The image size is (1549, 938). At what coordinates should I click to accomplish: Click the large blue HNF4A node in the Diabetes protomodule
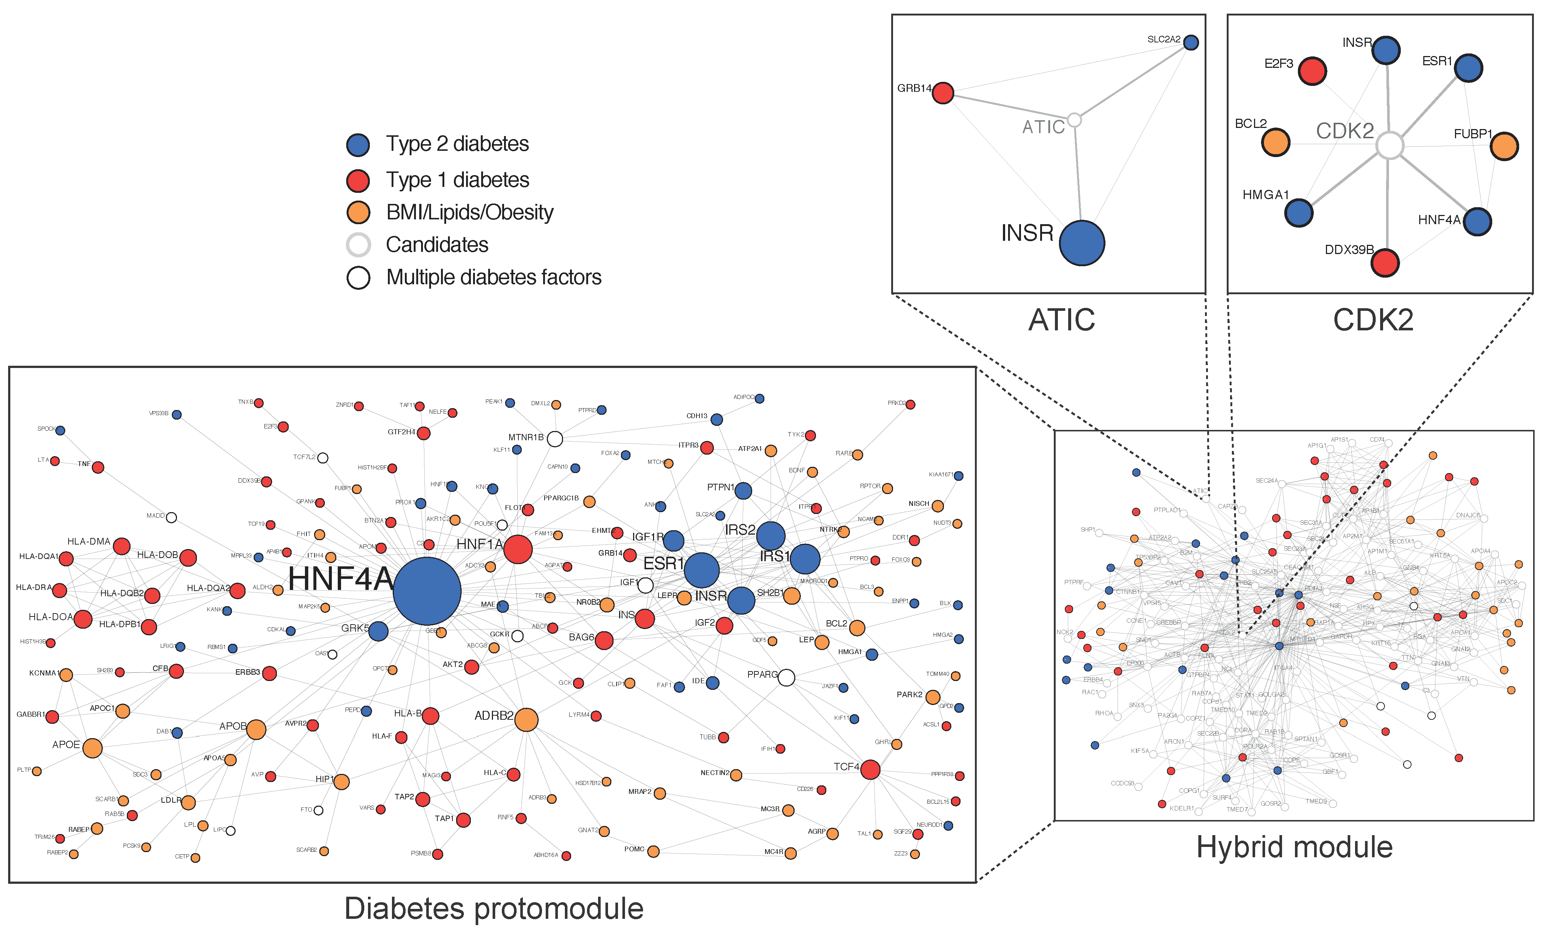427,591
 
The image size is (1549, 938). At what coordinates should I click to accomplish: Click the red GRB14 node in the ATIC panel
942,93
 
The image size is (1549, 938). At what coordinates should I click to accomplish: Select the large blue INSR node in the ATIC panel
1082,243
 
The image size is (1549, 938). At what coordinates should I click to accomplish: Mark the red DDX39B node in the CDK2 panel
1385,263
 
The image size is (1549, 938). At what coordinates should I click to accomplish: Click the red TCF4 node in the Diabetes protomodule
870,769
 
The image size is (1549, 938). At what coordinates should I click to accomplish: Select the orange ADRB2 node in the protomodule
526,720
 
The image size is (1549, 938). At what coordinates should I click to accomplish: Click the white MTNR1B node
555,438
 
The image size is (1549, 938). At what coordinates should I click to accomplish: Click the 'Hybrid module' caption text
1294,847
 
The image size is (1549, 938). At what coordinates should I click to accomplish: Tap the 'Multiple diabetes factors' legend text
493,277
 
